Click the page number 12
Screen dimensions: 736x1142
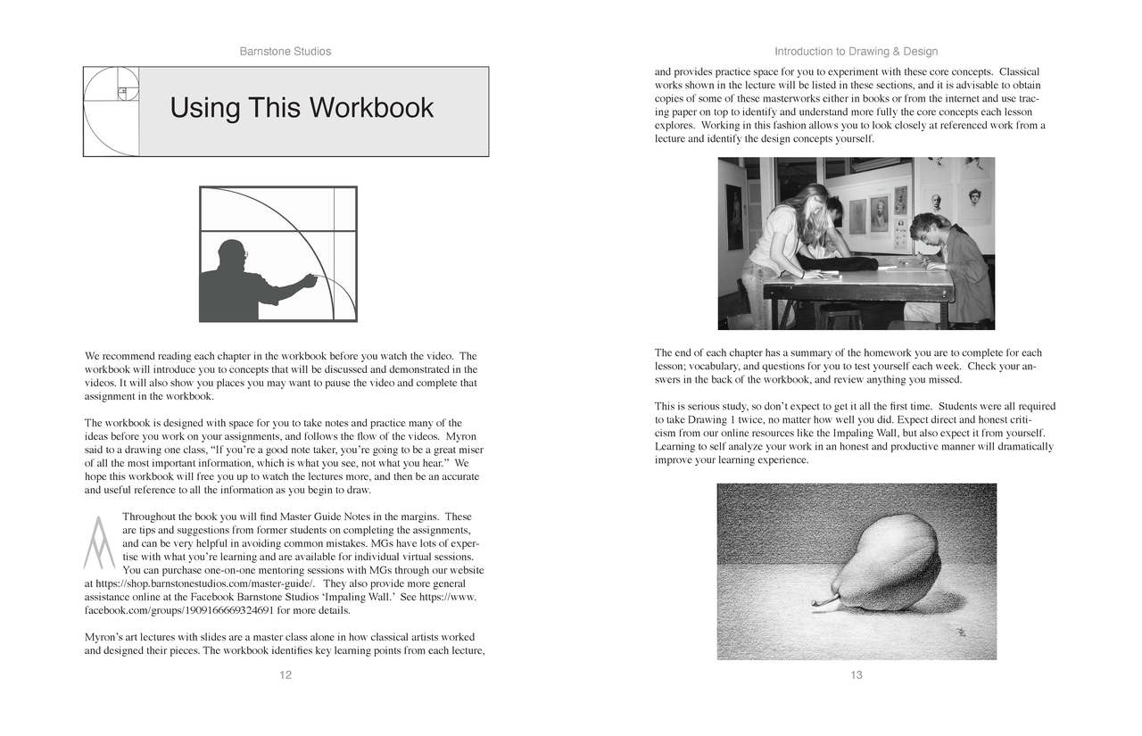pos(285,675)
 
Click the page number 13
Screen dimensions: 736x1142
pos(856,675)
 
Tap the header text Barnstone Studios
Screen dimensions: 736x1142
pos(285,52)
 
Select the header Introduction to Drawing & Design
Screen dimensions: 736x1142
pos(856,52)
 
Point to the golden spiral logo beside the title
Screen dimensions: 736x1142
pos(112,112)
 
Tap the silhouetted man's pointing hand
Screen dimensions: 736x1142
pos(310,280)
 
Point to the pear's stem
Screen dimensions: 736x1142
pos(823,604)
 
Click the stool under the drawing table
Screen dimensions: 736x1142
pos(839,316)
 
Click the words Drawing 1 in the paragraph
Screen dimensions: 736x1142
pos(708,419)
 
